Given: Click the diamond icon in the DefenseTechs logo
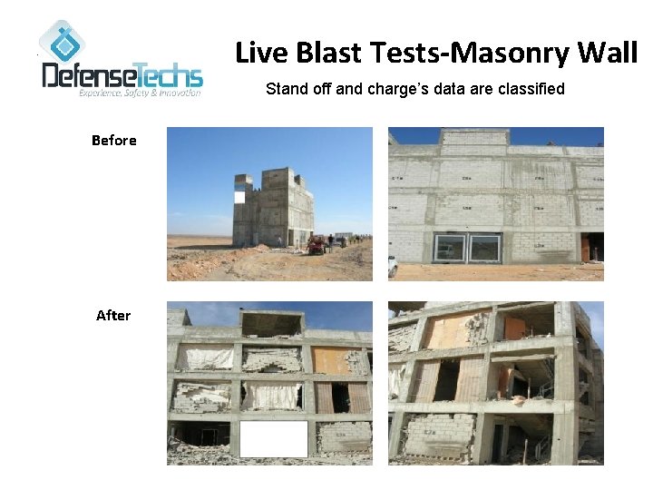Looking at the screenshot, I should (62, 42).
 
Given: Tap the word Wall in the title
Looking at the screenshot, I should (608, 54).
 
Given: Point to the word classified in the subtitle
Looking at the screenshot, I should (531, 89).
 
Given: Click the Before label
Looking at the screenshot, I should (114, 140).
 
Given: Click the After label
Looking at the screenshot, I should (113, 315).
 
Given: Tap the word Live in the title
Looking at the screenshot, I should (258, 54).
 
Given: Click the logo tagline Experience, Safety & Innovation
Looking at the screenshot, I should (140, 93).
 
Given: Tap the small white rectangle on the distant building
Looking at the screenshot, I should (239, 196).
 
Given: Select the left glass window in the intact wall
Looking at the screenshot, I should (450, 248).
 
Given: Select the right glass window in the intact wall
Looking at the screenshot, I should (484, 248).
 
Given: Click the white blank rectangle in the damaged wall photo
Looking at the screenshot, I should (273, 439).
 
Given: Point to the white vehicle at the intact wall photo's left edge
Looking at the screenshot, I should (393, 265).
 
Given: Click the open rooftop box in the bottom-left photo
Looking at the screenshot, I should (272, 324).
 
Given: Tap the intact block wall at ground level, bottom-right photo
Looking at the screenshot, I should (439, 434).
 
